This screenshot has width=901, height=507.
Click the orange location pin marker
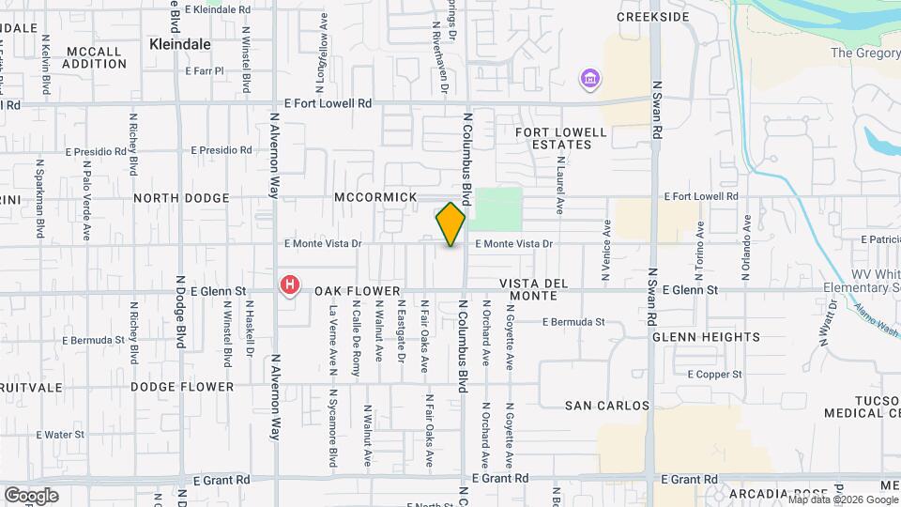(x=450, y=223)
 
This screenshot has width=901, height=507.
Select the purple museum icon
(x=589, y=78)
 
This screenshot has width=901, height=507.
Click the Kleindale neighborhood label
(x=180, y=44)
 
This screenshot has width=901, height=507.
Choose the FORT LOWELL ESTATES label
(x=554, y=139)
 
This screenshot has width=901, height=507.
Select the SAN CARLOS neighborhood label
(x=607, y=406)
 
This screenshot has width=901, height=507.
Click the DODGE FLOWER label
(x=182, y=387)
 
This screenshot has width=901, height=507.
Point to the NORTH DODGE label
(x=181, y=198)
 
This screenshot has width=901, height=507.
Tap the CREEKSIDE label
(x=652, y=17)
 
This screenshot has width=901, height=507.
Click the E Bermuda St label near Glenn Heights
(x=573, y=322)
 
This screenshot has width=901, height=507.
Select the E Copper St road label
(x=714, y=374)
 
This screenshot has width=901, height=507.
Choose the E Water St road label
(x=60, y=435)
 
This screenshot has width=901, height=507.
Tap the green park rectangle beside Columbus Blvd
(x=498, y=207)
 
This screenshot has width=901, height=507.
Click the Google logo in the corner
(x=31, y=495)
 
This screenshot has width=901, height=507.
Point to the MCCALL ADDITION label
(x=94, y=57)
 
